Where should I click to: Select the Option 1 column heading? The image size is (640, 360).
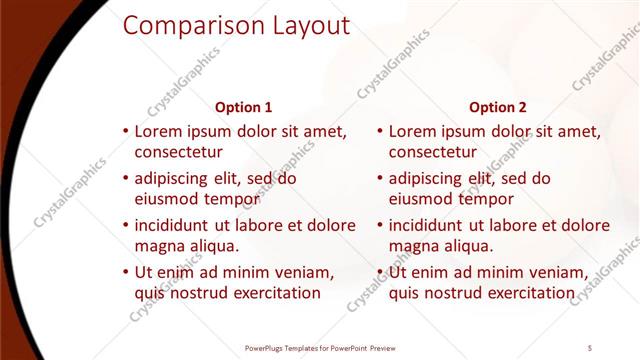pos(243,107)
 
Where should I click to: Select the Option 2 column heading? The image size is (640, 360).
pos(497,107)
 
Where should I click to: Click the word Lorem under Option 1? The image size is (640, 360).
pos(157,131)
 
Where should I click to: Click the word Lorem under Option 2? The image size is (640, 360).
pos(411,131)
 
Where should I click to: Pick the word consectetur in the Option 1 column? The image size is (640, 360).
pos(178,152)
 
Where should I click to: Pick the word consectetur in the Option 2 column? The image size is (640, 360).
pos(432,152)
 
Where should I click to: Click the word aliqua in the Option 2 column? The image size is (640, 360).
pos(465,246)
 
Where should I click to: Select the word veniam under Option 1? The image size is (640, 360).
pos(301,273)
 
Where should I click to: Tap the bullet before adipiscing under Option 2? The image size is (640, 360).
pos(380,179)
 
